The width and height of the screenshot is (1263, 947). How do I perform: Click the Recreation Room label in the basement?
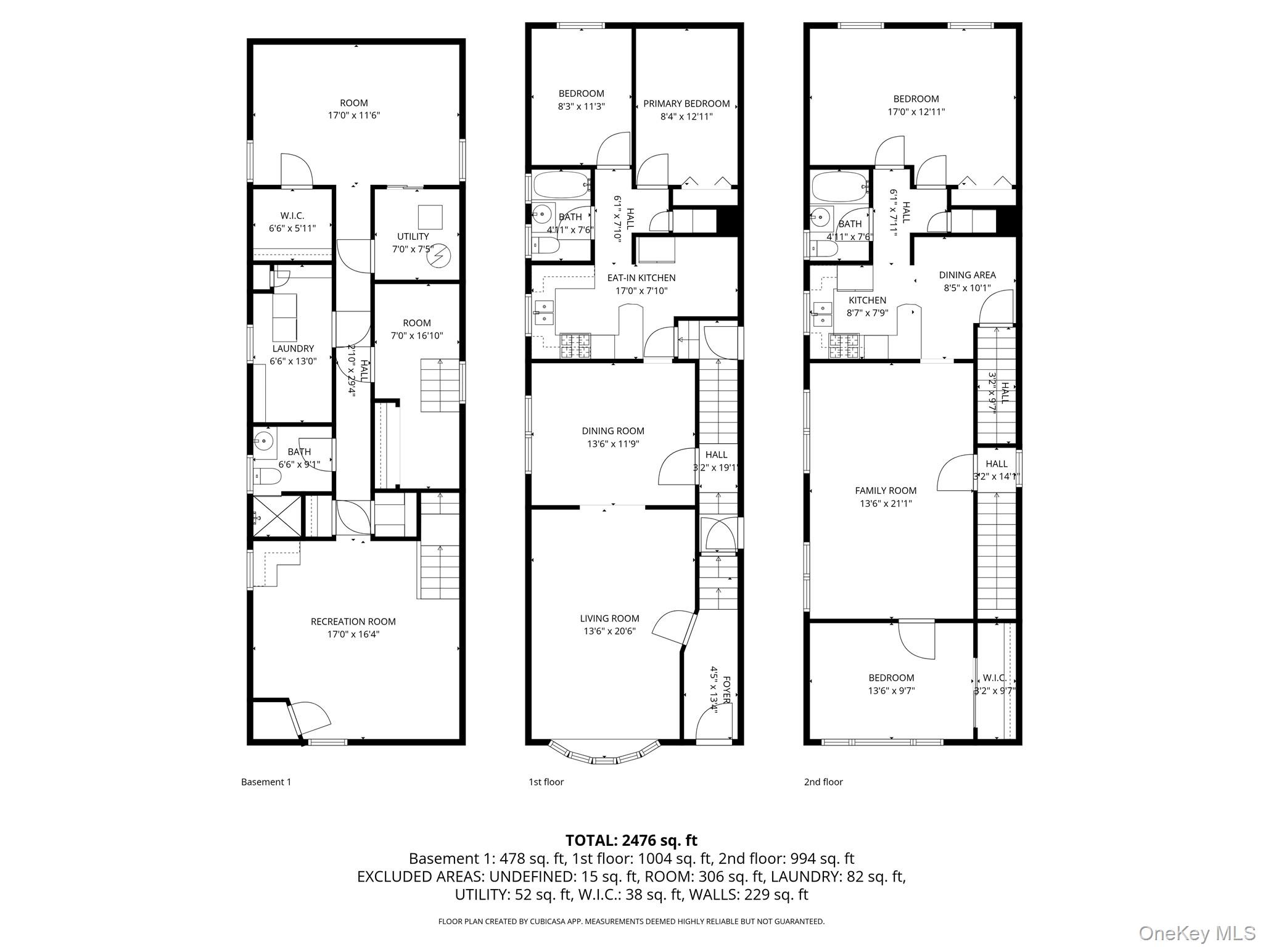click(353, 621)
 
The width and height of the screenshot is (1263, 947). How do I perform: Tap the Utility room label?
click(413, 236)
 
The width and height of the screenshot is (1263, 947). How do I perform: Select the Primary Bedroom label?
click(686, 104)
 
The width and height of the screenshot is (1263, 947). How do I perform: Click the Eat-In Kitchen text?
click(641, 278)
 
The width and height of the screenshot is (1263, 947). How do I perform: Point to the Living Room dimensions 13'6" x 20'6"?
click(609, 631)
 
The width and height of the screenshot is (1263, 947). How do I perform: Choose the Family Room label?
click(885, 491)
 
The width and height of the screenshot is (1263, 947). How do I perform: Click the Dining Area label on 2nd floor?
click(966, 275)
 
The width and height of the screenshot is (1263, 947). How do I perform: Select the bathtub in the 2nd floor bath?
click(839, 184)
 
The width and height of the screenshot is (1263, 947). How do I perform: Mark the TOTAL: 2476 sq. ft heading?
click(631, 840)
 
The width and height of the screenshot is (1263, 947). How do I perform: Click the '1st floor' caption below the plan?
click(546, 782)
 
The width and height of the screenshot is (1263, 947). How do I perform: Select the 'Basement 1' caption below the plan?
click(266, 782)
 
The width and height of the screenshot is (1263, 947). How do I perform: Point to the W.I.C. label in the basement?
click(292, 216)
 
